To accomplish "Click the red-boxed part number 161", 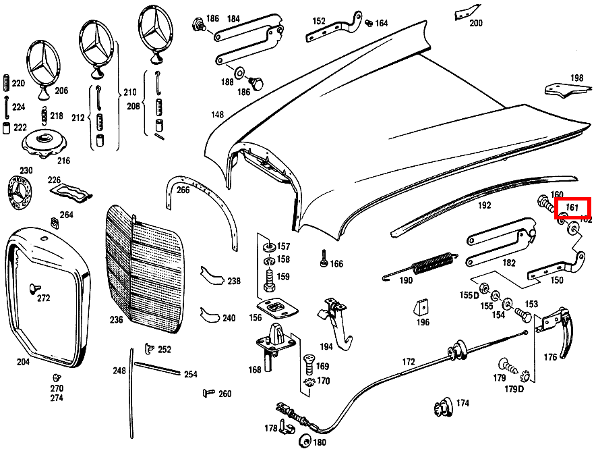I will click(x=572, y=208).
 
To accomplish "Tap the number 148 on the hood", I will click(x=216, y=115).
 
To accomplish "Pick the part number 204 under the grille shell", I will click(x=24, y=362).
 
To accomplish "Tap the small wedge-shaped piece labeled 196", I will click(x=421, y=307).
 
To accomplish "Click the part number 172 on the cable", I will click(x=409, y=361).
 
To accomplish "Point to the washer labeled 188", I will click(x=240, y=72).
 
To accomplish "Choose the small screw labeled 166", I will click(x=324, y=258).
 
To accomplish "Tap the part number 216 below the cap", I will click(x=63, y=161).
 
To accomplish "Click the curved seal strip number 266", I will click(x=183, y=190).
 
